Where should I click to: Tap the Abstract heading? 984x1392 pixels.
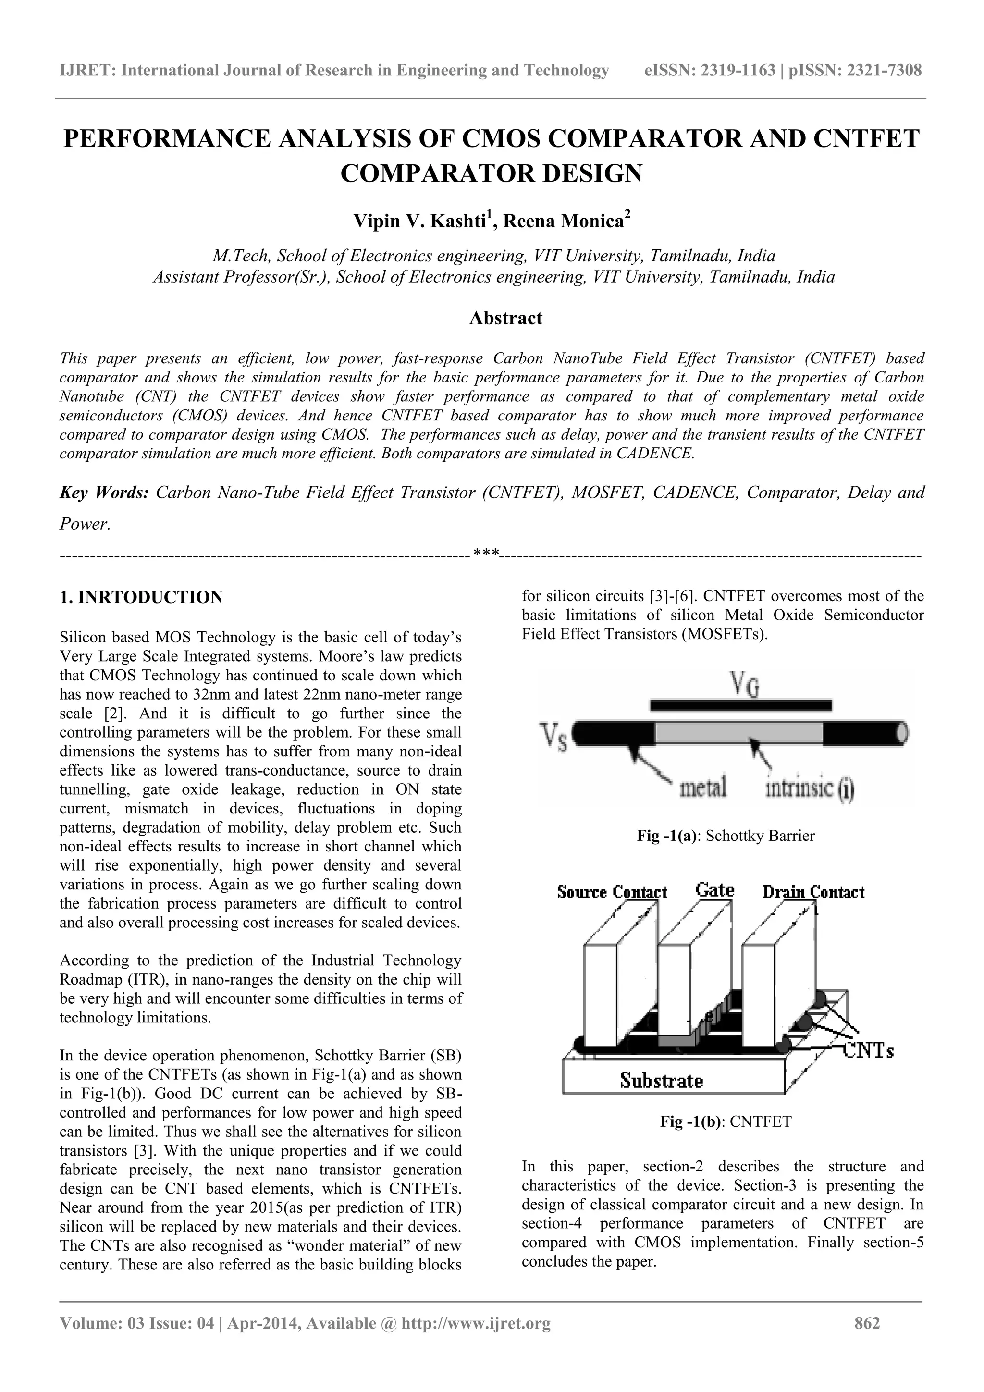505,318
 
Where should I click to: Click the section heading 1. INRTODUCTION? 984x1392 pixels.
141,597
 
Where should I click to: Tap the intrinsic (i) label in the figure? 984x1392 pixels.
810,790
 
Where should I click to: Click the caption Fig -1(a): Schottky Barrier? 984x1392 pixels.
725,836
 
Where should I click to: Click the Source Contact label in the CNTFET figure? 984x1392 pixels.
612,892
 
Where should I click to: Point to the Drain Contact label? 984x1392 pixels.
813,892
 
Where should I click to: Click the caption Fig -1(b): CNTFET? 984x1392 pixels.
725,1121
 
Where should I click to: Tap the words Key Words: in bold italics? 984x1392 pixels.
104,493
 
